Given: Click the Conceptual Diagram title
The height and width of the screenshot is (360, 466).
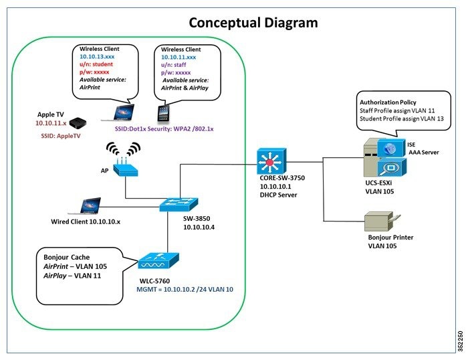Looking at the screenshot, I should pos(253,22).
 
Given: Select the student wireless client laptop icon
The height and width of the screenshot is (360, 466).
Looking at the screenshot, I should pos(124,112).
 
